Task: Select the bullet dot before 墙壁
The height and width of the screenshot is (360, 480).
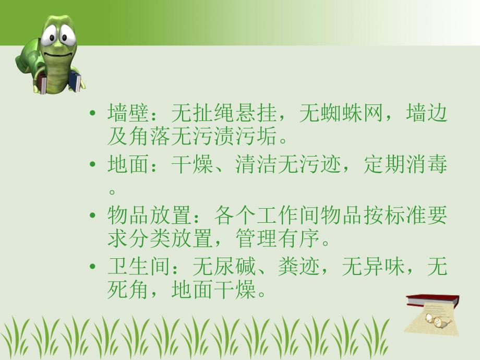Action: point(93,114)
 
